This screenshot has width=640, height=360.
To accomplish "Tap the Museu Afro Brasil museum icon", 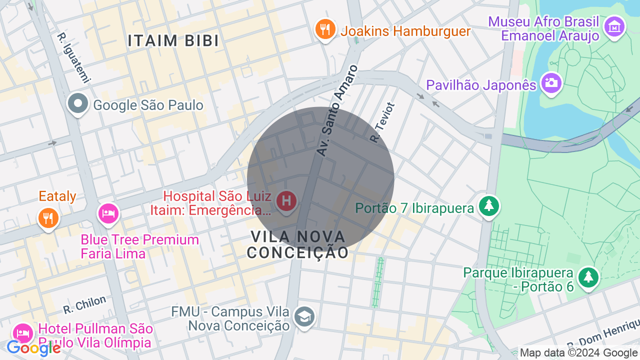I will tap(614, 26).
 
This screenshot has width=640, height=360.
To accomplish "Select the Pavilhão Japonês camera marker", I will tap(551, 82).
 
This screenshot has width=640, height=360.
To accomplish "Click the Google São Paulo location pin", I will tap(78, 104).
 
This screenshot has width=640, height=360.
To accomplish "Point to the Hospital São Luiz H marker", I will tap(286, 201).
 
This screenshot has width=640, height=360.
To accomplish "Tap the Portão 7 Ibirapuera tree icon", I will tap(488, 205).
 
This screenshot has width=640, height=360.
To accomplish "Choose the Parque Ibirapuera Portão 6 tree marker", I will tap(588, 277).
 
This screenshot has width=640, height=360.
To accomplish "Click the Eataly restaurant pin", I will tap(48, 217).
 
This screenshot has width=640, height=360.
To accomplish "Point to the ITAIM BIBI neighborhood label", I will tap(173, 41).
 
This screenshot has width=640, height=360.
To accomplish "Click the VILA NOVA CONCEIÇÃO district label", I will tap(298, 244).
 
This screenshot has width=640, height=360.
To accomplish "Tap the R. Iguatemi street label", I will tap(73, 58).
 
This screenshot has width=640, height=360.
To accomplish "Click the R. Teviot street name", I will tap(382, 123).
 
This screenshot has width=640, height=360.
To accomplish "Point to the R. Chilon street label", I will tap(85, 304).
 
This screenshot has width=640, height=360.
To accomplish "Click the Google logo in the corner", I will tap(33, 348).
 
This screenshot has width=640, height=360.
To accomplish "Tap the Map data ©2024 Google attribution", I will tap(578, 353).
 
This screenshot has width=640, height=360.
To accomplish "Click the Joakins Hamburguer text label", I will tap(405, 31).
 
